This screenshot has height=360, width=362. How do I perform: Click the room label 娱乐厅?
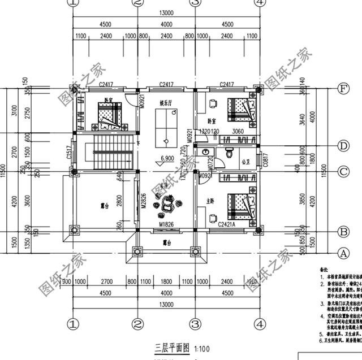(166, 103)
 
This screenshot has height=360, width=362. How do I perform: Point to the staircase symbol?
(109, 153)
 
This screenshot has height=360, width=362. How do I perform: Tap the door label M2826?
(144, 201)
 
